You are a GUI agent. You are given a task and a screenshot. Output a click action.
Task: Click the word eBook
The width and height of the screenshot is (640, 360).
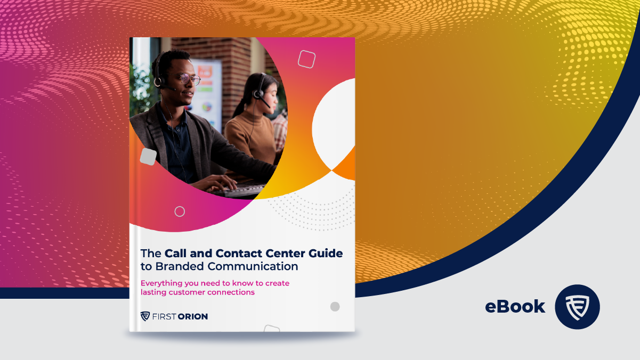515,306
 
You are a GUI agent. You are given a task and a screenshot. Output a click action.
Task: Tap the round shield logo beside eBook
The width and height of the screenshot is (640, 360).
577,307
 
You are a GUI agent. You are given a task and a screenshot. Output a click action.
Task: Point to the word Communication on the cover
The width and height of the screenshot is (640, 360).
253,266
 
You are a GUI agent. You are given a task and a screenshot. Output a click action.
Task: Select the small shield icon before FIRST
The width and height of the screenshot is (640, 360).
145,316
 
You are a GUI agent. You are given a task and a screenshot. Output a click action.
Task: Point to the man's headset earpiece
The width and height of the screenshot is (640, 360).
158,81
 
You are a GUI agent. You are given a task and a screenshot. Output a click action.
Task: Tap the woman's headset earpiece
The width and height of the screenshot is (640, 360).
258,94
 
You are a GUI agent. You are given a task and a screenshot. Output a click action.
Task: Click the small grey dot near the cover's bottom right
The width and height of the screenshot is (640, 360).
335,306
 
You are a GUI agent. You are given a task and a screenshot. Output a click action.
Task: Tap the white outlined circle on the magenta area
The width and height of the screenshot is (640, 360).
180,211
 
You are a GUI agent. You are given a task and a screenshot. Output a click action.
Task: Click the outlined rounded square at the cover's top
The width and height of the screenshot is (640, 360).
306,59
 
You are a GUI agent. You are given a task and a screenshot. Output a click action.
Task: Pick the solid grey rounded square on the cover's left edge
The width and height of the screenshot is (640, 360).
148,157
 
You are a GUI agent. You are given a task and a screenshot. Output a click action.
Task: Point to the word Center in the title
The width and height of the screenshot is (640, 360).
280,253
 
